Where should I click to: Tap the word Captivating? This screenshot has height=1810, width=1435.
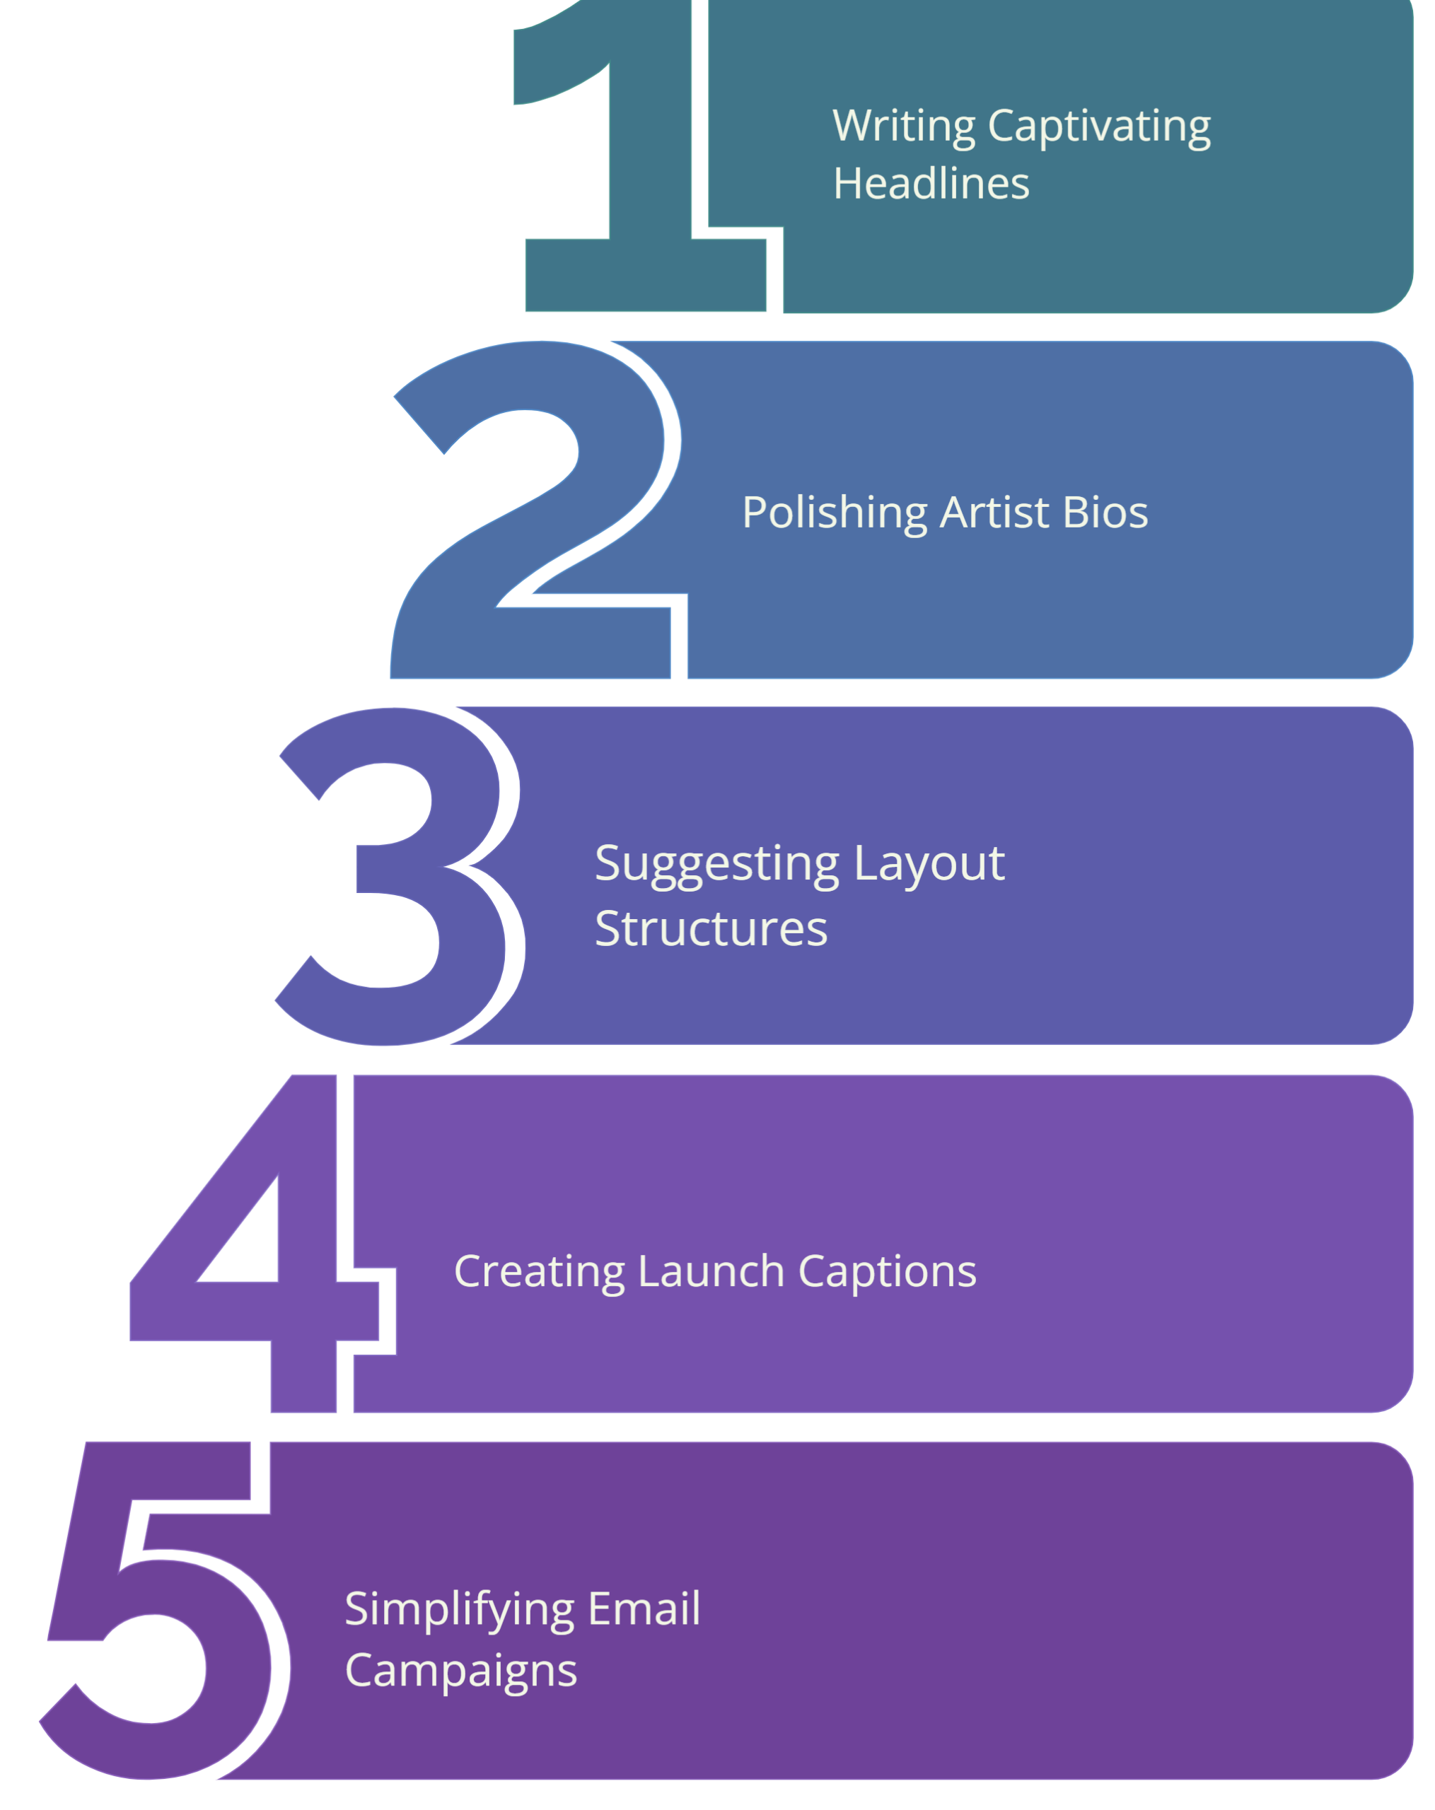coord(1099,127)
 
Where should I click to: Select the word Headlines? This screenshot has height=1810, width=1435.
coord(930,184)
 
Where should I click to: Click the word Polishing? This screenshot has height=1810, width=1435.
coord(834,513)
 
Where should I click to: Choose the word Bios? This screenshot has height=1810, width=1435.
coord(1104,513)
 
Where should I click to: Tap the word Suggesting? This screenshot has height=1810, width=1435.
coord(716,865)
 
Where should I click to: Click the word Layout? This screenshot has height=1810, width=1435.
coord(929,865)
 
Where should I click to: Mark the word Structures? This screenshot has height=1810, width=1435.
coord(710,928)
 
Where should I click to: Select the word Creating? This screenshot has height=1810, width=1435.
coord(539,1272)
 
